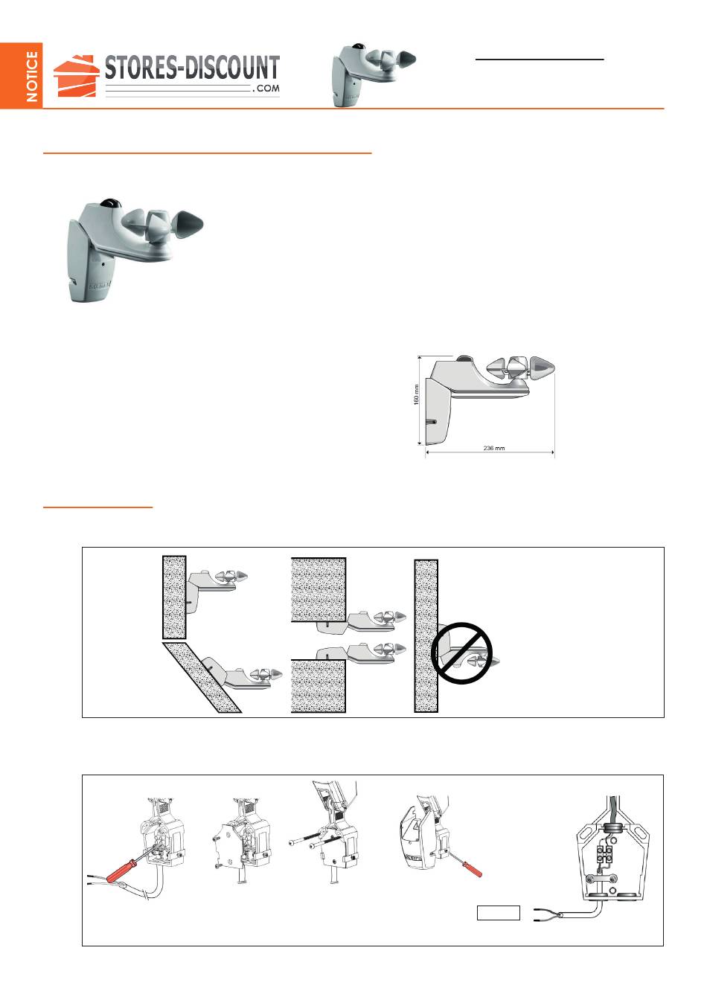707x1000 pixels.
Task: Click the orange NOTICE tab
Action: [21, 75]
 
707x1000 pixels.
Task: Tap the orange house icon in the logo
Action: [76, 76]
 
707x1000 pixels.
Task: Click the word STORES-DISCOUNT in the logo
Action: [192, 68]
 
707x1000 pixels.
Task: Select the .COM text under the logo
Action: [266, 89]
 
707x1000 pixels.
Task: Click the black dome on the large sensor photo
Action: [112, 202]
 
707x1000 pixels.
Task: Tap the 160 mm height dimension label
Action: [416, 394]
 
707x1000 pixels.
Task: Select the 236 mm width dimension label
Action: [494, 448]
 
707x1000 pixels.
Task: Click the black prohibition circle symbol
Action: [462, 653]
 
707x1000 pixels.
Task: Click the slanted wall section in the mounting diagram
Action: [202, 677]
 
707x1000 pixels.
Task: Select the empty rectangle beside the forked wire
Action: [498, 913]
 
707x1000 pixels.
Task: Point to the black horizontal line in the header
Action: [540, 59]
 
